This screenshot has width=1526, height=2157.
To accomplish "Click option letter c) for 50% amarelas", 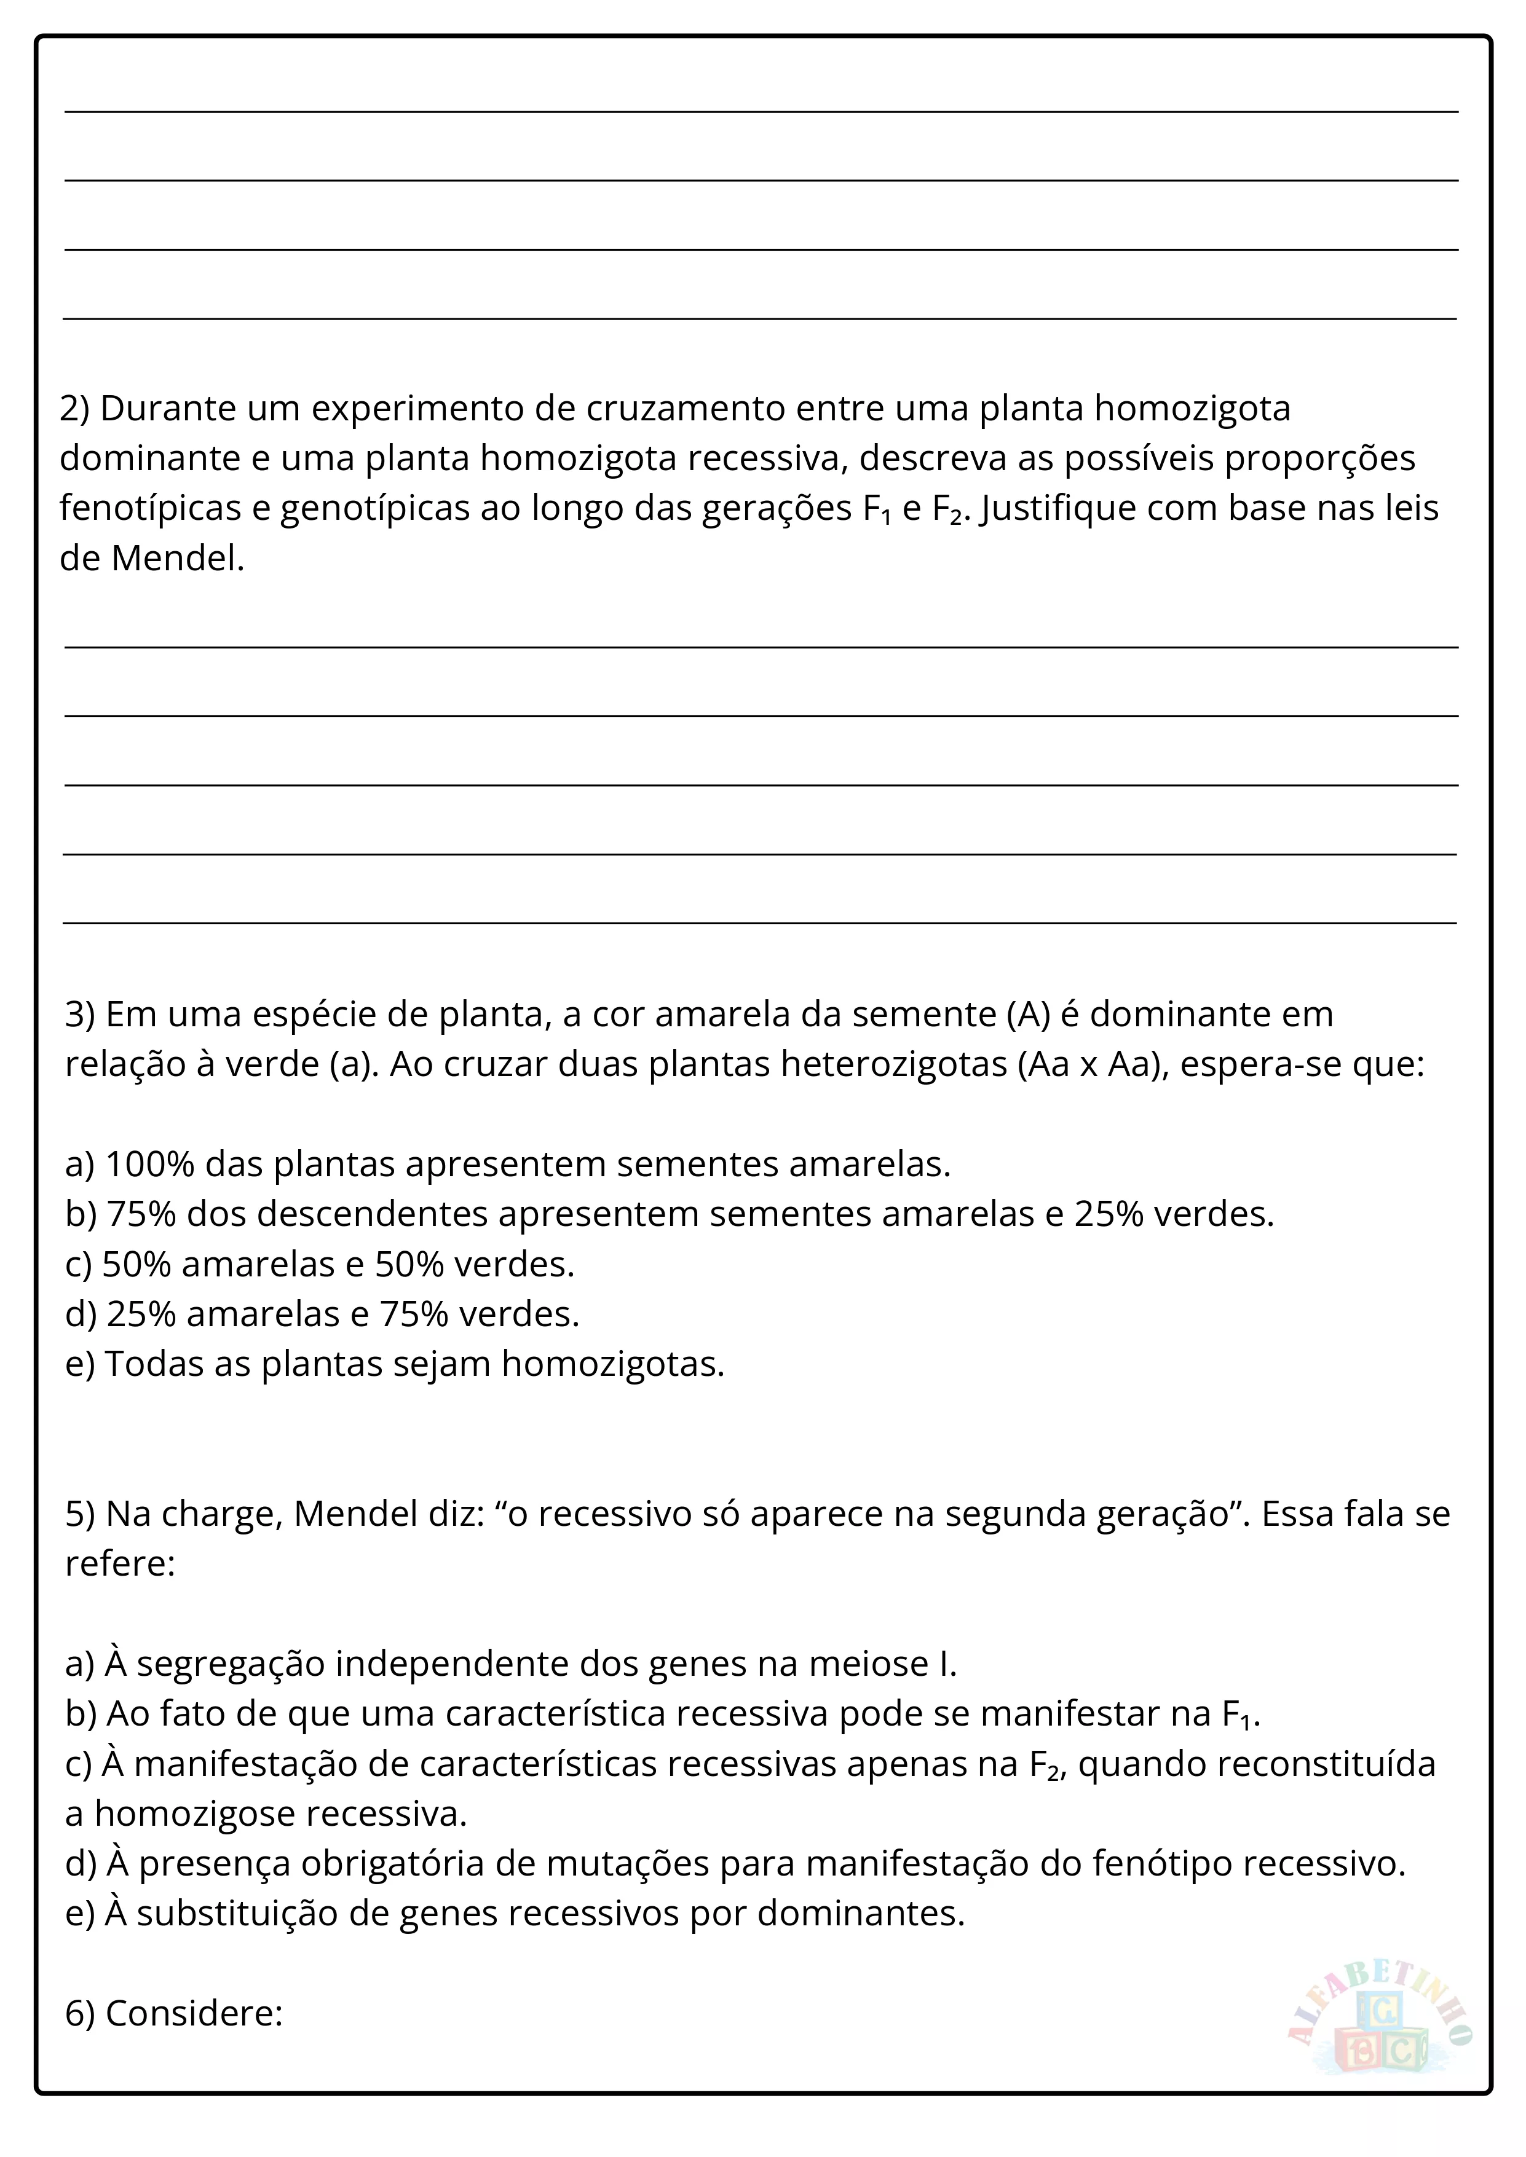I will (x=78, y=1265).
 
